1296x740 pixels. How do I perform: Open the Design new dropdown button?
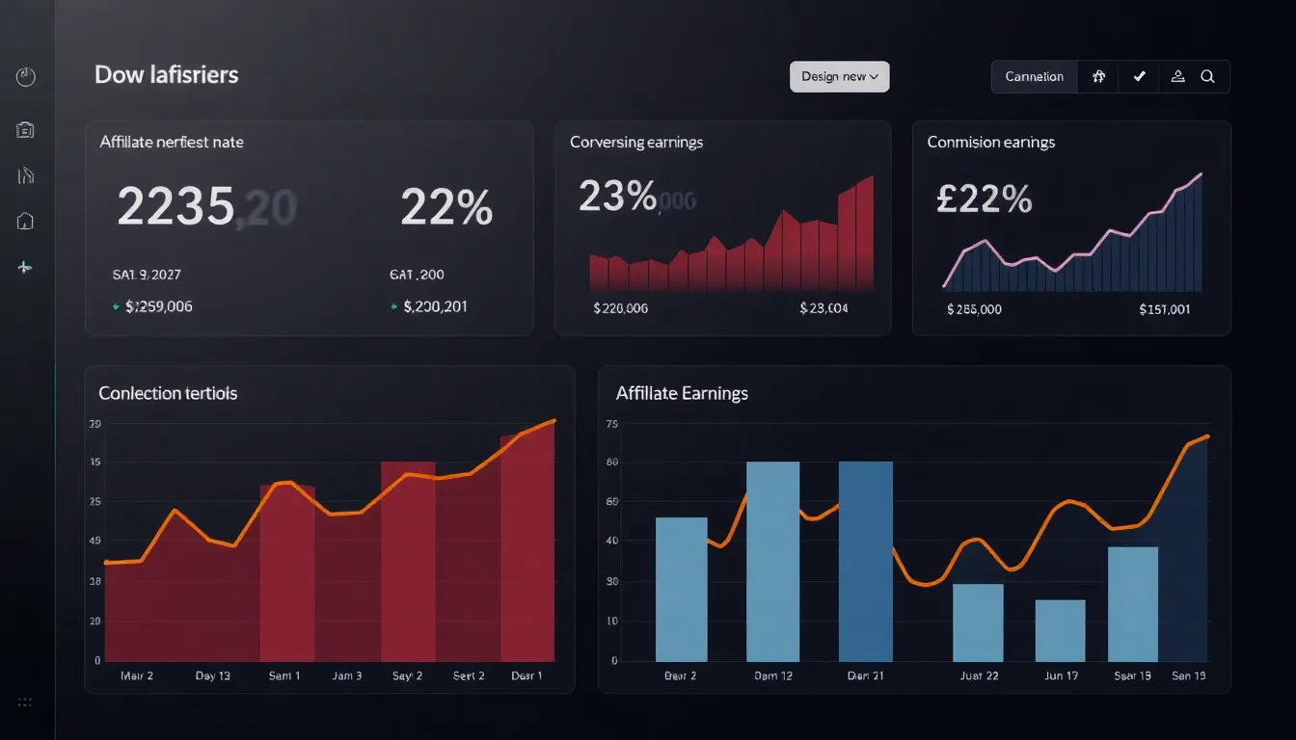(x=839, y=77)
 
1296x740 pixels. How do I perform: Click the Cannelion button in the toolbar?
(x=1034, y=77)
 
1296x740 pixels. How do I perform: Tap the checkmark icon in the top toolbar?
(x=1139, y=77)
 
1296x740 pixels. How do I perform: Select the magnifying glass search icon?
(x=1207, y=77)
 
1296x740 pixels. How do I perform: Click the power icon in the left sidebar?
(x=26, y=77)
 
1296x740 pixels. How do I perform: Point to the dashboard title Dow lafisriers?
(x=166, y=74)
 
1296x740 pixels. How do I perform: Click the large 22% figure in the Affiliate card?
(x=445, y=207)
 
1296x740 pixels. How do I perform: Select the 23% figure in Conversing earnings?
(x=617, y=197)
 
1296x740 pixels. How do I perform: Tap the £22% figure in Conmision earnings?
(x=984, y=198)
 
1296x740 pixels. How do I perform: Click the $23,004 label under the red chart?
(x=823, y=308)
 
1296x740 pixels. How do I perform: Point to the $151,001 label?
(x=1164, y=309)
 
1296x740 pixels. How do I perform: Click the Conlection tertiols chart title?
(x=168, y=393)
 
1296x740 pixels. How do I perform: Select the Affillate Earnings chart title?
(x=682, y=393)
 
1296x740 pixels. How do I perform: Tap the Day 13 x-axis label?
(x=212, y=676)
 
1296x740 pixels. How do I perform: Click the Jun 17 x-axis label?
(x=1061, y=676)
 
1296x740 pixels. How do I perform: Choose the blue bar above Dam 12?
(x=772, y=561)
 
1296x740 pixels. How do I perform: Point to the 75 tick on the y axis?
(x=610, y=424)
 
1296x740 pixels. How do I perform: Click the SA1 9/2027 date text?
(x=147, y=275)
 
